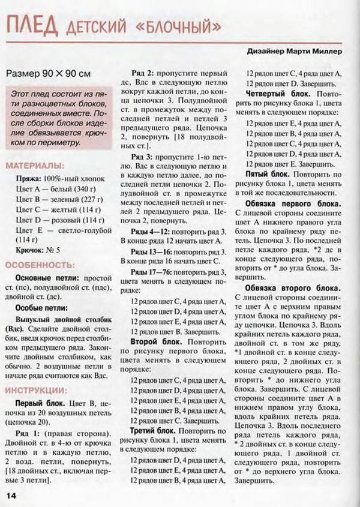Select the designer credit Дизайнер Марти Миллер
pyautogui.click(x=294, y=52)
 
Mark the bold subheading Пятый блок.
pyautogui.click(x=267, y=172)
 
